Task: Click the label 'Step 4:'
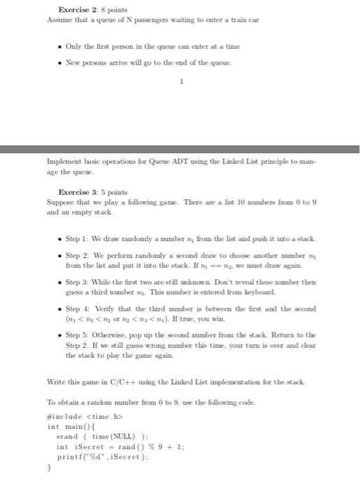(x=79, y=307)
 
